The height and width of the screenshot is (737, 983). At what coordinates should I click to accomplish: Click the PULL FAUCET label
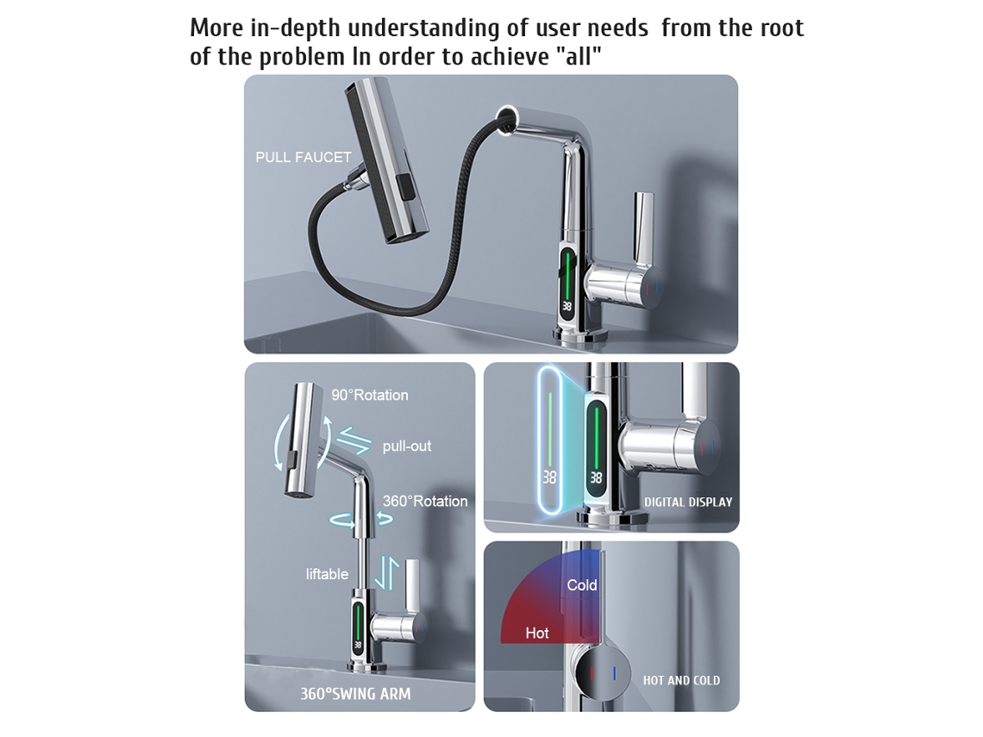click(304, 157)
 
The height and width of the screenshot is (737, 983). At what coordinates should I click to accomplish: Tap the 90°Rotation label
click(370, 396)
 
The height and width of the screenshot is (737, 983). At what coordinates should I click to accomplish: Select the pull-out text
click(407, 447)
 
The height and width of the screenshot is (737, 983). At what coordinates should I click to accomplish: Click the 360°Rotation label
click(425, 502)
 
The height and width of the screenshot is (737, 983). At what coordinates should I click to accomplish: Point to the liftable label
click(327, 574)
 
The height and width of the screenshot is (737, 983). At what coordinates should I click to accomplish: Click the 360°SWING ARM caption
click(355, 694)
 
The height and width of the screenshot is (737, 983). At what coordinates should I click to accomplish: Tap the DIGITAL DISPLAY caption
click(688, 502)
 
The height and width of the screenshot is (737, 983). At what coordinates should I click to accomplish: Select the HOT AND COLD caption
click(681, 681)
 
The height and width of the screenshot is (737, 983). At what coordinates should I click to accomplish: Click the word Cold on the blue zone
click(582, 585)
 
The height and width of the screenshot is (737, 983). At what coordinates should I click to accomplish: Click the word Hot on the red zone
click(537, 633)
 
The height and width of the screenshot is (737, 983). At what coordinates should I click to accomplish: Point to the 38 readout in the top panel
click(567, 306)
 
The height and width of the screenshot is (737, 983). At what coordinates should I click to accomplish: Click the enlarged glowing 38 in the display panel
click(550, 478)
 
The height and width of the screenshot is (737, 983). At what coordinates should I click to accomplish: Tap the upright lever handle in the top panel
click(643, 228)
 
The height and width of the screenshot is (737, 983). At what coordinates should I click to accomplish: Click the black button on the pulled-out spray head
click(406, 190)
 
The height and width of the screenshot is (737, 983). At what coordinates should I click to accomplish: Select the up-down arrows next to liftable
click(387, 573)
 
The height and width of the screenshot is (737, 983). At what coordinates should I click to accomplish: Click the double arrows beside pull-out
click(354, 440)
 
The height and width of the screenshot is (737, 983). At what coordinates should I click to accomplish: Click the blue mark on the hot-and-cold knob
click(614, 674)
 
